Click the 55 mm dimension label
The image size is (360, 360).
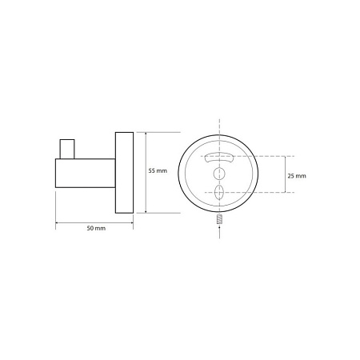[158, 170]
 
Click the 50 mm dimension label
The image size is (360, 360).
[96, 228]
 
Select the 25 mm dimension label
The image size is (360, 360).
[297, 176]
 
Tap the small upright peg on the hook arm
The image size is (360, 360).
[67, 149]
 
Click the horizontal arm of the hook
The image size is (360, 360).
[86, 173]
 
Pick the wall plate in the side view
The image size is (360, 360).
[124, 173]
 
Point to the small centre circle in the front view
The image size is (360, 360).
[219, 174]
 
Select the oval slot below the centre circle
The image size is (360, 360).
[219, 192]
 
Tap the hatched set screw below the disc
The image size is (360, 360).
[219, 219]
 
